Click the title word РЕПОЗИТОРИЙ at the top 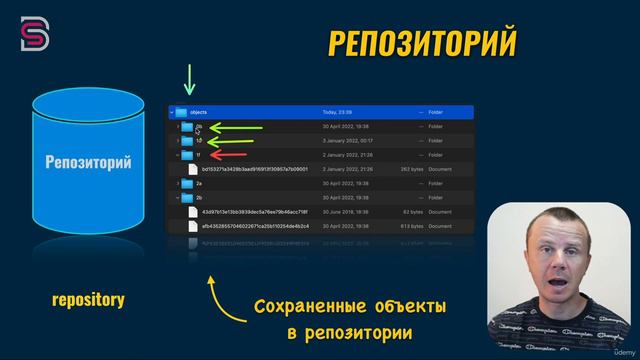coord(422,43)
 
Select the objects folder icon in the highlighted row coord(182,113)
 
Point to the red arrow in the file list coord(233,156)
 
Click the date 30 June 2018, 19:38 coord(343,212)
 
